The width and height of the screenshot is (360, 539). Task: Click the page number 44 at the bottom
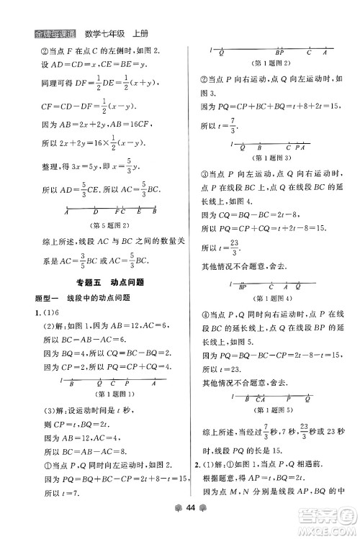click(179, 527)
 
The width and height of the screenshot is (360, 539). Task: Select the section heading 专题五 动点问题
click(110, 283)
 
